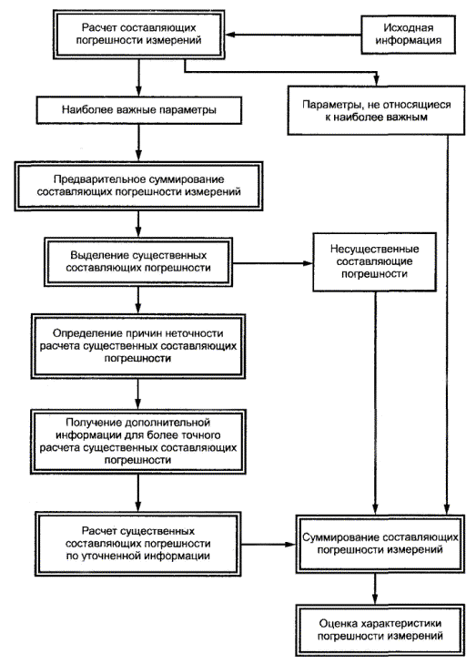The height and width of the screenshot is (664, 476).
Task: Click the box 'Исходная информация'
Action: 408,35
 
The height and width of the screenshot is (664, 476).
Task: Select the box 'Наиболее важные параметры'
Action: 138,110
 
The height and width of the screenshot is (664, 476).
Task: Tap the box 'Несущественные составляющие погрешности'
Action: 374,261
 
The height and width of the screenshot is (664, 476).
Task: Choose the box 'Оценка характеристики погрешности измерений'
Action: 380,629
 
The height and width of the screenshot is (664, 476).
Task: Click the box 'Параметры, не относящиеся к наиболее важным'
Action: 376,110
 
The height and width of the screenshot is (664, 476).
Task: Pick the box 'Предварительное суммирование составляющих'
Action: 138,186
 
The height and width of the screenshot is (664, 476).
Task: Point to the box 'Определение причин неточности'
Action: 138,346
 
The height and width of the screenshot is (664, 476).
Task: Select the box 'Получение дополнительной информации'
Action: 138,441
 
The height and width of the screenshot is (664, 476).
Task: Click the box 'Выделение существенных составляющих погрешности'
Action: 138,261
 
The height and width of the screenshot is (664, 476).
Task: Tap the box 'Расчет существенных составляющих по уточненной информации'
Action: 138,544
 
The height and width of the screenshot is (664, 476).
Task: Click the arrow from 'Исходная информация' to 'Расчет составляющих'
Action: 293,35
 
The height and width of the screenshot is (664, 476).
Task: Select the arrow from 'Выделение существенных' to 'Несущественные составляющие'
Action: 272,263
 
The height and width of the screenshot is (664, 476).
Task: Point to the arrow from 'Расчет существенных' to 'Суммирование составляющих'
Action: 268,544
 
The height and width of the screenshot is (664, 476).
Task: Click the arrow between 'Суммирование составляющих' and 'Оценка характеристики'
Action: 374,588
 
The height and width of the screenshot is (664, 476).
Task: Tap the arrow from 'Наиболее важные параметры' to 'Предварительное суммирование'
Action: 138,143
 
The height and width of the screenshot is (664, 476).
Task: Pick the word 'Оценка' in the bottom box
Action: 338,623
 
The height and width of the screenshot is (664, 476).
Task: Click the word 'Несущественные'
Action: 374,249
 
